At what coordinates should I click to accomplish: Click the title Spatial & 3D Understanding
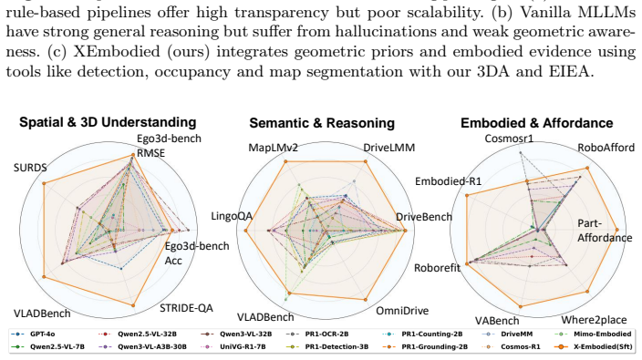108,122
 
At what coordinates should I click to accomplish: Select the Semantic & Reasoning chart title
322,123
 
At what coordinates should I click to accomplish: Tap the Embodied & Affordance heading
537,123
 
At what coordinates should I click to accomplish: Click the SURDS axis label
30,168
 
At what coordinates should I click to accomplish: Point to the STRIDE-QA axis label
186,308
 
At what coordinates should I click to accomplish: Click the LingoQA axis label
232,216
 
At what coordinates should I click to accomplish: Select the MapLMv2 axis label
273,148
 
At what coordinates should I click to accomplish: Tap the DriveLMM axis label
389,148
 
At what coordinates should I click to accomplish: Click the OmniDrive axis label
402,311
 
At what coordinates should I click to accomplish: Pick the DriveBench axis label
424,217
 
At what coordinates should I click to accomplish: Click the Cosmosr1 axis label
509,139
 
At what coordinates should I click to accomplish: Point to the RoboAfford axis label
606,148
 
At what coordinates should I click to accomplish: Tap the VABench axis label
497,321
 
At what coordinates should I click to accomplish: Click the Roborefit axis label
438,268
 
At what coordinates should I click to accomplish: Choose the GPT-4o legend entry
35,334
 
